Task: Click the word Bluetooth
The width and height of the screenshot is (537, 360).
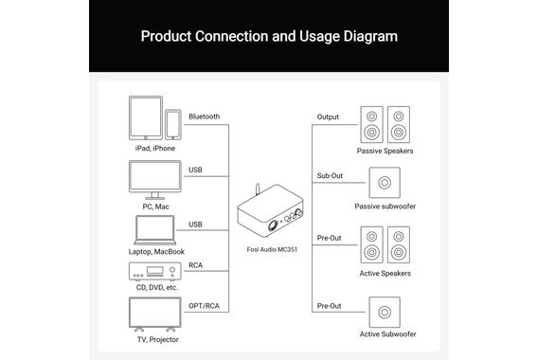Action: coord(205,117)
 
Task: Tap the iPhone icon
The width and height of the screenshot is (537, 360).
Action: coord(173,125)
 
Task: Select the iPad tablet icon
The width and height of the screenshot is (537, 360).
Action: coord(146,117)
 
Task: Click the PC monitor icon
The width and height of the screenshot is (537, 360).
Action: coord(154,180)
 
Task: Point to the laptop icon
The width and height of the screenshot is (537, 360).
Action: coord(154,230)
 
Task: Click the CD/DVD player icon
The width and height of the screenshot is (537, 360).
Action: coord(154,272)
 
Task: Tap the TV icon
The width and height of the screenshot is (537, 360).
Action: coord(154,315)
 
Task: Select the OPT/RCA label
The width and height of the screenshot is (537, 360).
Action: coord(204,306)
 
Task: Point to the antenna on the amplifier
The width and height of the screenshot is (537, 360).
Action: coord(258,189)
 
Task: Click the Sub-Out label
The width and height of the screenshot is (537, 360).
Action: coord(330,175)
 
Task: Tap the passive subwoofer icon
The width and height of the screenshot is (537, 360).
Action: coord(385,183)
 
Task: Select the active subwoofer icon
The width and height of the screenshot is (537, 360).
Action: coord(385,312)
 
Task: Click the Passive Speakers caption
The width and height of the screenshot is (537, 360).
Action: coord(385,151)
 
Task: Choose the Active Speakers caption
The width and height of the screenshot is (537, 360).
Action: coord(385,274)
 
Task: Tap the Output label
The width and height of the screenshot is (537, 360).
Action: coord(328,117)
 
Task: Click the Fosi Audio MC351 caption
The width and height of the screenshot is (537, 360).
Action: coord(272,249)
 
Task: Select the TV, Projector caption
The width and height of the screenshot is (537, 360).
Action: coord(158,339)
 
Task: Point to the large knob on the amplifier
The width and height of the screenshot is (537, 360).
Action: coord(273,225)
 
